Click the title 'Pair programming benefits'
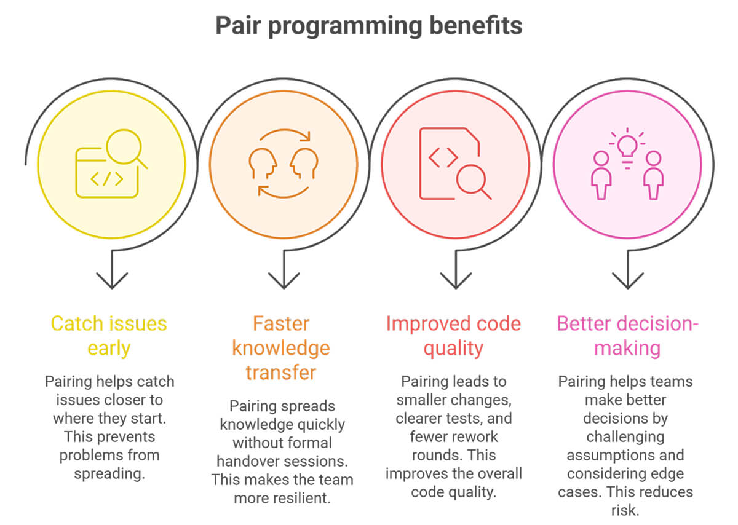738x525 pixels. [x=368, y=26]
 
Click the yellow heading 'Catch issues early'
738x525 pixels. [x=109, y=336]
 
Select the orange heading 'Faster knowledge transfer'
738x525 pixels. [x=281, y=348]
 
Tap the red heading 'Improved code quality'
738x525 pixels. [x=453, y=336]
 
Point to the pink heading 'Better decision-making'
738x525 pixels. [x=628, y=336]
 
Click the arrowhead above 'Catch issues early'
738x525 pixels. [x=112, y=282]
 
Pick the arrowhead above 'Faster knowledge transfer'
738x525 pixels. [x=284, y=282]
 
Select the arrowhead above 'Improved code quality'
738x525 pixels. [x=456, y=282]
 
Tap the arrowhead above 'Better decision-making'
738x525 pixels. [x=628, y=282]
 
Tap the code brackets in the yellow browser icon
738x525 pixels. [x=106, y=180]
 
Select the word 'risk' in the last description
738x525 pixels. [x=627, y=511]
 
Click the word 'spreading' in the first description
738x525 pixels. [x=108, y=474]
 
